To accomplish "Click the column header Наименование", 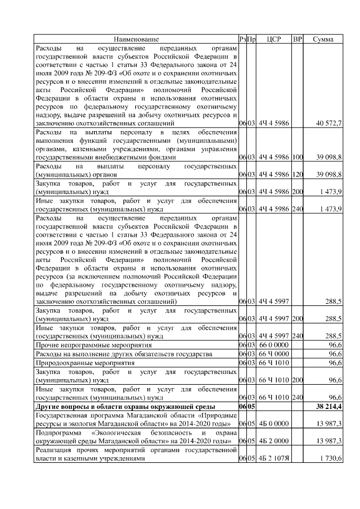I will click(136, 39).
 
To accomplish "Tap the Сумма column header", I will click(323, 39).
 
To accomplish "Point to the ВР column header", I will click(298, 39).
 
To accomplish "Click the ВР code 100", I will click(298, 159).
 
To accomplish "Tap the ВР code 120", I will click(298, 176).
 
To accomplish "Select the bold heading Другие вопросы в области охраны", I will click(125, 407).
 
